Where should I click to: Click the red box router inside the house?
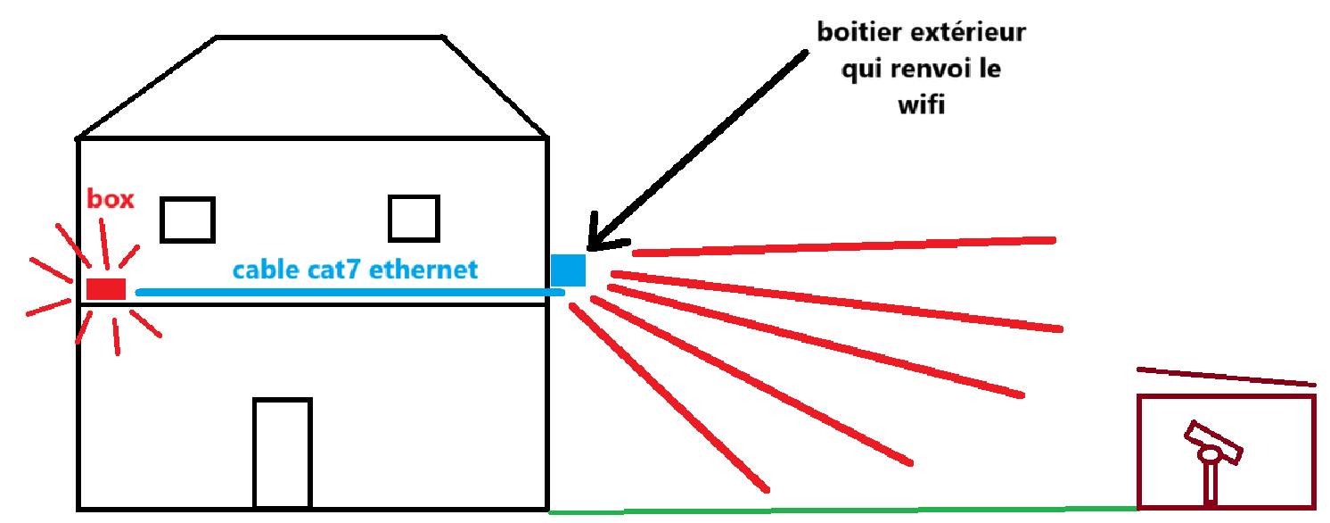click(106, 288)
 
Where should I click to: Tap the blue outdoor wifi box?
click(568, 270)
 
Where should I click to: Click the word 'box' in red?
click(111, 199)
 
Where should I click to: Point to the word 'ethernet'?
click(423, 269)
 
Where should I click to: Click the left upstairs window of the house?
click(187, 220)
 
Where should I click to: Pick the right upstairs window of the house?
click(415, 219)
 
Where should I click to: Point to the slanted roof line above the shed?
click(1226, 377)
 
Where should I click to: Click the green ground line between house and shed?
click(842, 511)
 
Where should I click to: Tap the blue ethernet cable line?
click(348, 292)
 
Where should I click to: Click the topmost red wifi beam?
click(842, 246)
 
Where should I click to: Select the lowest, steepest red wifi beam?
click(669, 398)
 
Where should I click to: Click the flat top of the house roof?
click(330, 37)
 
